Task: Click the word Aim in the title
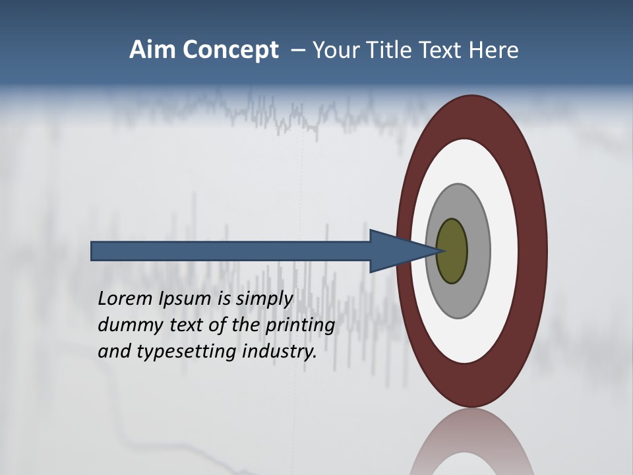pyautogui.click(x=152, y=50)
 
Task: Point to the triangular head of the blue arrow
pyautogui.click(x=396, y=251)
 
